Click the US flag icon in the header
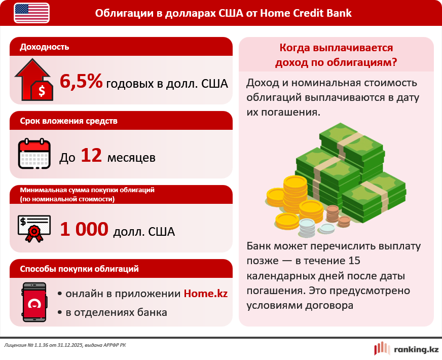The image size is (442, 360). [32, 13]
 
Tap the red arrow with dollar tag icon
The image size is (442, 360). [33, 80]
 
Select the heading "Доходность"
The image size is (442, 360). [45, 47]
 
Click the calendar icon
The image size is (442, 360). [34, 154]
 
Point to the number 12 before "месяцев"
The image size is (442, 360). [92, 156]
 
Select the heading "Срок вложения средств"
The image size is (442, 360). [68, 121]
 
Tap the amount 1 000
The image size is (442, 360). [84, 230]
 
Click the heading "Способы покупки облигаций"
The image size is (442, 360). [79, 269]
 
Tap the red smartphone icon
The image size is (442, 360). [34, 302]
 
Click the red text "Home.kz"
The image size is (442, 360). [205, 294]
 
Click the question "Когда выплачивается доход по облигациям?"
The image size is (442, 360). [336, 55]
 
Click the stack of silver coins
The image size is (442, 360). [307, 227]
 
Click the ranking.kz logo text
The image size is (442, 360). [416, 349]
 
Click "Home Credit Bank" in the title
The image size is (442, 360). [305, 13]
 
